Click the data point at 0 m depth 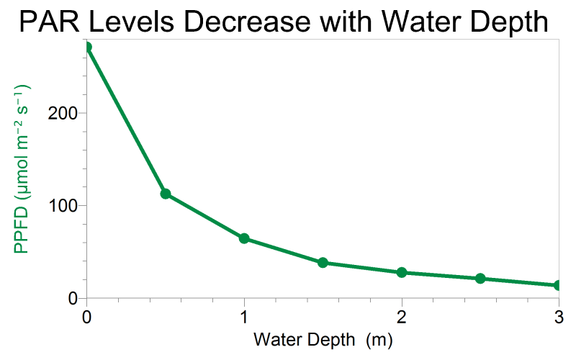coord(87,48)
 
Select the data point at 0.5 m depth coord(166,194)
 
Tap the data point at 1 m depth coord(244,238)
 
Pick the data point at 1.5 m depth coord(323,263)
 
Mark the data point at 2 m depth coord(402,272)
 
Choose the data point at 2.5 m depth coord(480,279)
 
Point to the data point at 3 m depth coord(559,285)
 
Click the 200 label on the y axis coord(63,113)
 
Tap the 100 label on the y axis coord(63,205)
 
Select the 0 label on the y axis coord(72,298)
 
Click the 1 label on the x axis coord(244,316)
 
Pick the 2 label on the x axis coord(402,316)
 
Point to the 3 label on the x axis coord(559,316)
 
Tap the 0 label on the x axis coord(87,316)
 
